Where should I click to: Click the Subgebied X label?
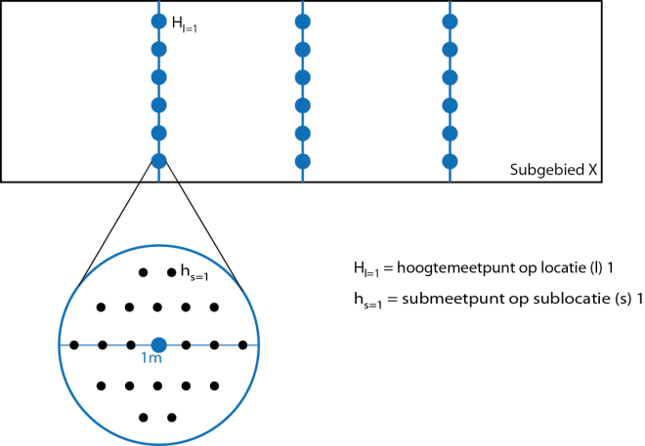553,169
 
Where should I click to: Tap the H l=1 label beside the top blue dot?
185,24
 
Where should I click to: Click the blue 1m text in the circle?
150,358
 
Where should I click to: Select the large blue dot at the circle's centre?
158,345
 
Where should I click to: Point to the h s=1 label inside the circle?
194,273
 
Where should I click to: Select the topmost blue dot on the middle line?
303,21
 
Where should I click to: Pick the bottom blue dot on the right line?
450,161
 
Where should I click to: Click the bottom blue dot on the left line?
158,161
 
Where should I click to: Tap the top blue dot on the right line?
450,21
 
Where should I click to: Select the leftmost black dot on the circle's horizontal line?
74,345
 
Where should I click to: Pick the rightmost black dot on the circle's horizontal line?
242,345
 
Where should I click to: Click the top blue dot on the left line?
158,20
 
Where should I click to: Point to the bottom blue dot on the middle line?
303,161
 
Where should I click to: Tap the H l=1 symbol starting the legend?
366,269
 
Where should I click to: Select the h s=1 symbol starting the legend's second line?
367,300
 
